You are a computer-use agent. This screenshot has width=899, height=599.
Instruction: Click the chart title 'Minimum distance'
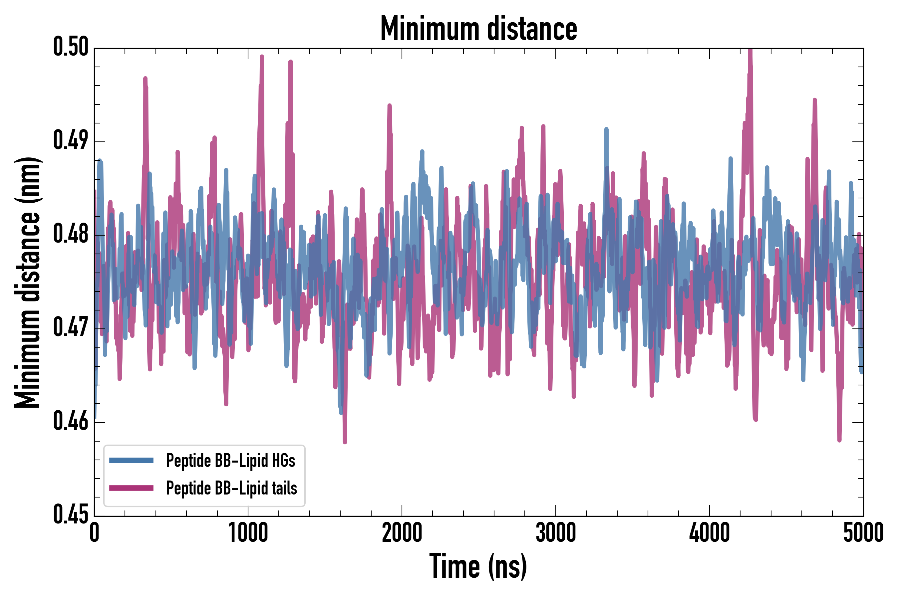(x=478, y=29)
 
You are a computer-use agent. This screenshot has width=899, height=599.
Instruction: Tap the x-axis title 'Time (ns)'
(x=478, y=566)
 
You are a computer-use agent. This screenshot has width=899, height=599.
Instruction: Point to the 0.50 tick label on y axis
(x=71, y=47)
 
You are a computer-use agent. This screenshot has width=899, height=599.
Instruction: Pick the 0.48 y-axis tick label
(x=71, y=234)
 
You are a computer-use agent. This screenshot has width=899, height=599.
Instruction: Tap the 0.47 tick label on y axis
(x=71, y=328)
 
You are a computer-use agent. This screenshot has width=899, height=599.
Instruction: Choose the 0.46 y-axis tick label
(x=71, y=421)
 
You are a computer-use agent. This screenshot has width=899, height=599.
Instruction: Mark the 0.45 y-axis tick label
(x=71, y=515)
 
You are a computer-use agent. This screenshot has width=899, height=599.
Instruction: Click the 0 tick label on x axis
(x=95, y=533)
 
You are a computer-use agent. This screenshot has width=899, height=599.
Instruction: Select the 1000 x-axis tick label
(x=248, y=533)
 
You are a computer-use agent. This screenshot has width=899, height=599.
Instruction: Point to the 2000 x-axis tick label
(x=402, y=533)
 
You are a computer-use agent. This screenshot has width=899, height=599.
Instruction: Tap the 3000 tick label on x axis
(x=555, y=533)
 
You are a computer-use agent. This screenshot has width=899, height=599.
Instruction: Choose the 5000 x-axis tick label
(x=863, y=533)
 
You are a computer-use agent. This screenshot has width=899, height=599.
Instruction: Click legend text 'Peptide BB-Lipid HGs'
(x=230, y=460)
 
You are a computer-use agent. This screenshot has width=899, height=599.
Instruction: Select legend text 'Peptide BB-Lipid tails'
(x=232, y=488)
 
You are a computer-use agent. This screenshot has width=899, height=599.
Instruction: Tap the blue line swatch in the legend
(x=131, y=460)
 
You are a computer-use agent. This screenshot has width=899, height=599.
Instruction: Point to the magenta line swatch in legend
(x=131, y=488)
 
